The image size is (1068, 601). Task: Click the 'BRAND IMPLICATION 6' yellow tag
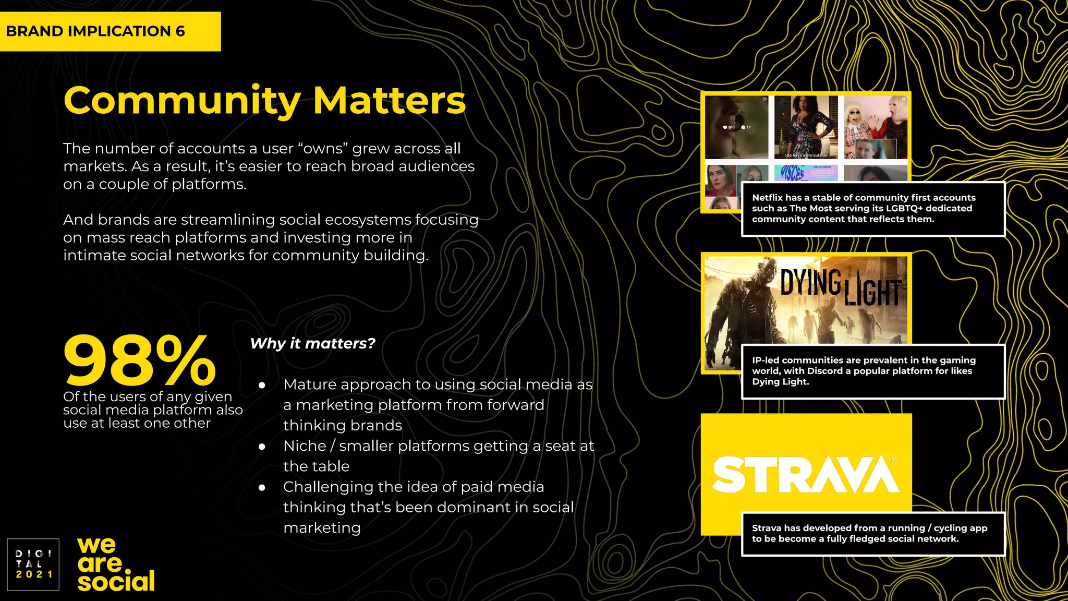pyautogui.click(x=110, y=31)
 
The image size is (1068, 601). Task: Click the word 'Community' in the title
pyautogui.click(x=181, y=101)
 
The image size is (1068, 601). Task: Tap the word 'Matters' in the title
pyautogui.click(x=389, y=101)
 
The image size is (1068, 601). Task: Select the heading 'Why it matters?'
pyautogui.click(x=312, y=343)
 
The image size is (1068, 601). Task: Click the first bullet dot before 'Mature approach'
pyautogui.click(x=262, y=386)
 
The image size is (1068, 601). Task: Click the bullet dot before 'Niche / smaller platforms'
pyautogui.click(x=262, y=447)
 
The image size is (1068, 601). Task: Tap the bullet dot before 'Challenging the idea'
pyautogui.click(x=262, y=488)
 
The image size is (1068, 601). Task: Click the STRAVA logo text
pyautogui.click(x=805, y=474)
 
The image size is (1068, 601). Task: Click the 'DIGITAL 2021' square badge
pyautogui.click(x=33, y=564)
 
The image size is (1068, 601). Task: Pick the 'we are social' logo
pyautogui.click(x=116, y=566)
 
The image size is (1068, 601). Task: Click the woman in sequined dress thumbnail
pyautogui.click(x=805, y=127)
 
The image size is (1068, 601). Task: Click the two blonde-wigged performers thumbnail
pyautogui.click(x=875, y=127)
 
